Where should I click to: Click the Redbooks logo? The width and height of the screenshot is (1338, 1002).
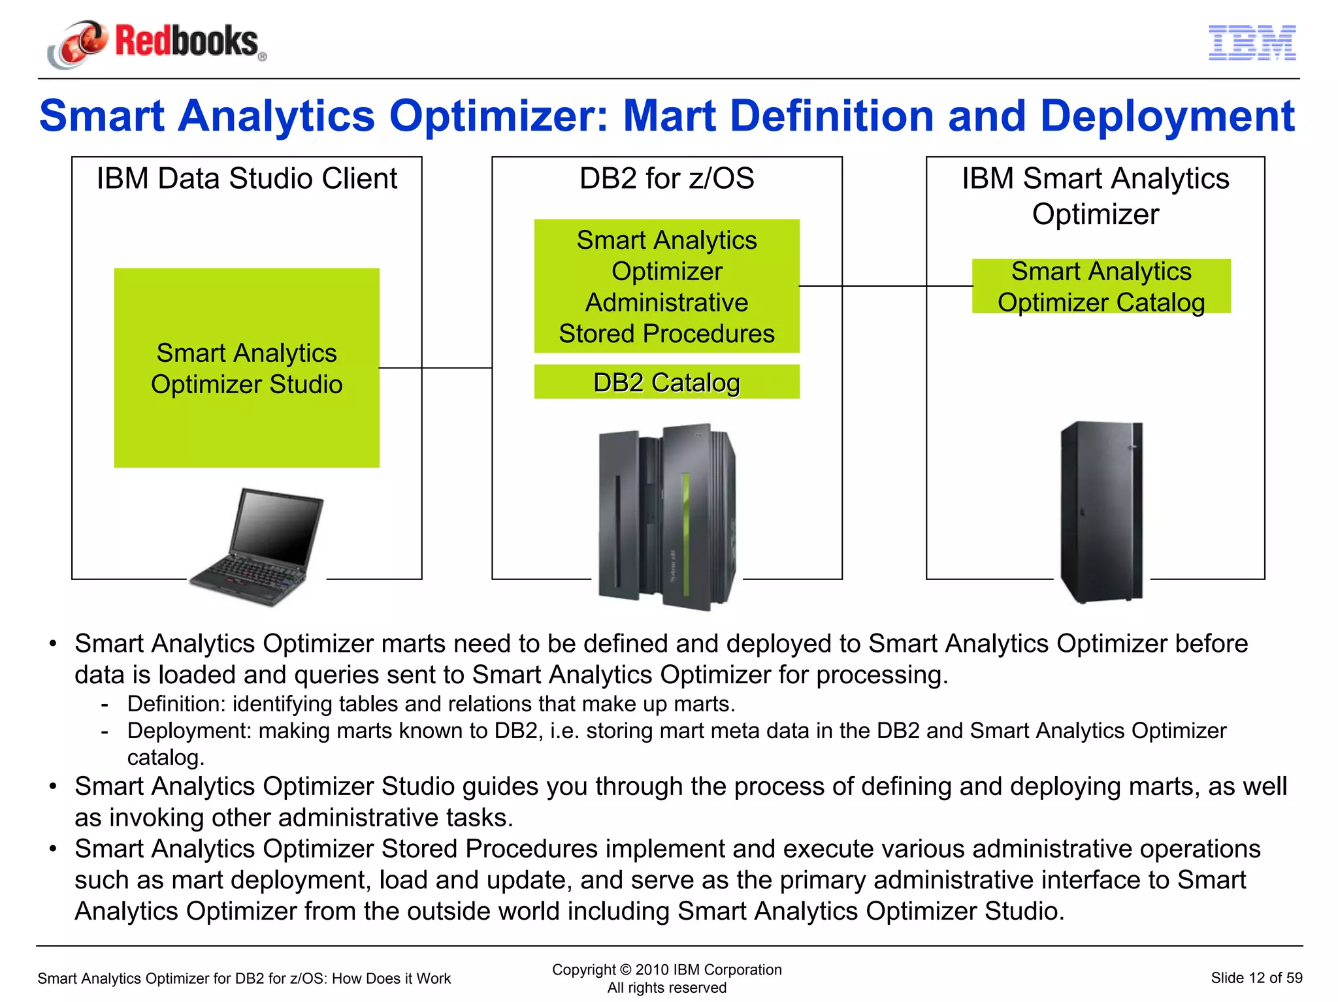click(157, 43)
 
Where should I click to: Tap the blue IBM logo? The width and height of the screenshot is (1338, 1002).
click(1252, 43)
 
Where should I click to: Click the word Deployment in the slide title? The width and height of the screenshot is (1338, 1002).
click(1167, 116)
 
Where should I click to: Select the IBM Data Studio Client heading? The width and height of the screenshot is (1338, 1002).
click(246, 178)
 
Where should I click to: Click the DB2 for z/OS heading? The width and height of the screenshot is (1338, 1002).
click(666, 178)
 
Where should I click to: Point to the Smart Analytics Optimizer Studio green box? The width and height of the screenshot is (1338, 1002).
click(246, 368)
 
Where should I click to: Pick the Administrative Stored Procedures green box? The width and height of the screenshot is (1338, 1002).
click(666, 286)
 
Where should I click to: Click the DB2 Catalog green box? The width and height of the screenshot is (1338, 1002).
click(666, 382)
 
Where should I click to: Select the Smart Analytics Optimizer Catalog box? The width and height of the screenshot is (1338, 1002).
click(1101, 286)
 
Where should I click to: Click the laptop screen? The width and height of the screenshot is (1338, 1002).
click(278, 526)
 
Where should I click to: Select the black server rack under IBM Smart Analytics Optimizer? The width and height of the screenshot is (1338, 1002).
click(1101, 513)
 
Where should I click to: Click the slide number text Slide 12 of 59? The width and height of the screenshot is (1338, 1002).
click(1256, 978)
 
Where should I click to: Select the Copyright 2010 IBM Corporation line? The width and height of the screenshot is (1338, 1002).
click(666, 969)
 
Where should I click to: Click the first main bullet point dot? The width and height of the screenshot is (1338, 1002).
click(54, 644)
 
